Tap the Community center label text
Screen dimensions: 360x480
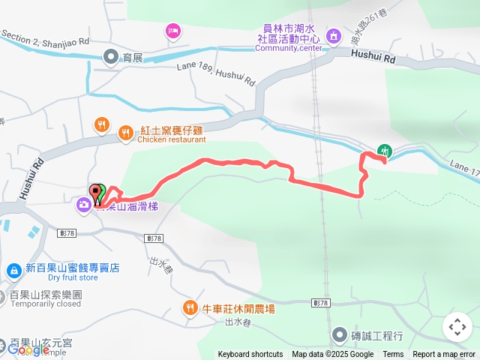pyautogui.click(x=289, y=48)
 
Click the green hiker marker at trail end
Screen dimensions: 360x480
pyautogui.click(x=385, y=150)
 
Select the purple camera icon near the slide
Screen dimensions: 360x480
pyautogui.click(x=83, y=203)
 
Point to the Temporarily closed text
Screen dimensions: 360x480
pyautogui.click(x=45, y=304)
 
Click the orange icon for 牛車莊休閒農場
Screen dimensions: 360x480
pyautogui.click(x=190, y=307)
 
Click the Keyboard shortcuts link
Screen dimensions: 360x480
pyautogui.click(x=250, y=355)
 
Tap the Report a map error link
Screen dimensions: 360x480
pyautogui.click(x=444, y=355)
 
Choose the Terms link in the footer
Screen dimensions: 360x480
pyautogui.click(x=393, y=355)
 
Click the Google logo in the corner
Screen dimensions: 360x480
pyautogui.click(x=28, y=349)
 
